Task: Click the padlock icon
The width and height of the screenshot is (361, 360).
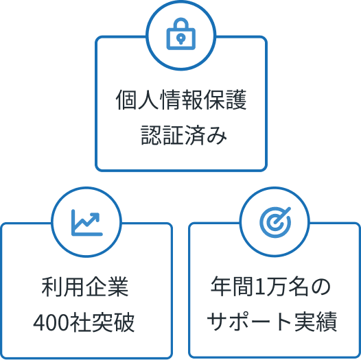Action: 181,34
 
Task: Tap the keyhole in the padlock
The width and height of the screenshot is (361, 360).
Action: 181,38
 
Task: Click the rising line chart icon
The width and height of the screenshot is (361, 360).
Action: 86,222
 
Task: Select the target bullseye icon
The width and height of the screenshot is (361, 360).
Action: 275,222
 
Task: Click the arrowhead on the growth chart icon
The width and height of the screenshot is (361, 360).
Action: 96,217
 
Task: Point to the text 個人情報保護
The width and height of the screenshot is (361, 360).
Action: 181,99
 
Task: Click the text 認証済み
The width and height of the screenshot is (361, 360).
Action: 183,135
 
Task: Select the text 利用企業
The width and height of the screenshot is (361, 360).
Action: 85,287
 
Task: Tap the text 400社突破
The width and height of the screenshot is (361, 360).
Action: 84,322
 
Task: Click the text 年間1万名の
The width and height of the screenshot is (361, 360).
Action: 270,287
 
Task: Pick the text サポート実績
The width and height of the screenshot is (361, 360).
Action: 272,322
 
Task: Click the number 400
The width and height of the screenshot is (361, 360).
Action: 51,322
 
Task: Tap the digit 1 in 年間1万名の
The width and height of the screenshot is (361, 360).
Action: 260,287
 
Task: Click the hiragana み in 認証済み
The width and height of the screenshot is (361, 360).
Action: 216,136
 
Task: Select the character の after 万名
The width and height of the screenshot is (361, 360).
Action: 321,287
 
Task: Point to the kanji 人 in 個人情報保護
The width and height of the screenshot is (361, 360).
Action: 148,99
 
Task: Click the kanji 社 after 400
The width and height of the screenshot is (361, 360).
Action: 80,322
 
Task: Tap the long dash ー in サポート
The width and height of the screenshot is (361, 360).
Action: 261,322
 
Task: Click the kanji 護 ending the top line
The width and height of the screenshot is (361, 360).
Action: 236,99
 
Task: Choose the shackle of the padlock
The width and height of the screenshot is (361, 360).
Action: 181,23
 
